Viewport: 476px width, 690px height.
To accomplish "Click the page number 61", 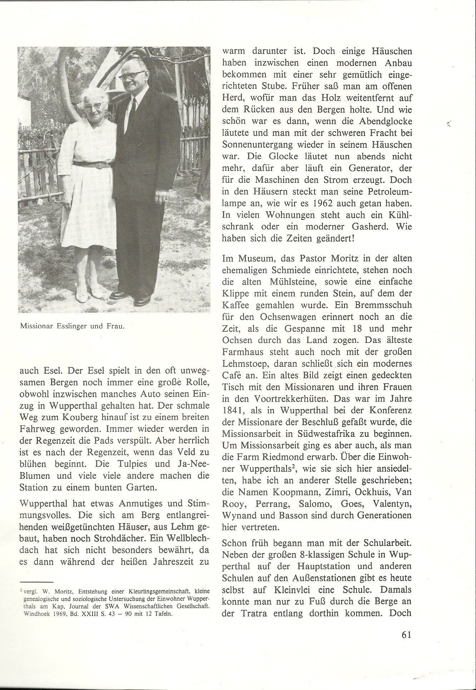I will point(407,634).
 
